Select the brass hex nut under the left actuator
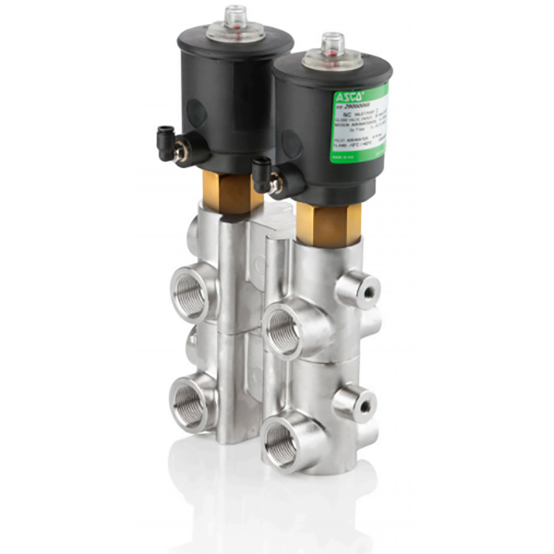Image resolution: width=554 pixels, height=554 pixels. point(230,192)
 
